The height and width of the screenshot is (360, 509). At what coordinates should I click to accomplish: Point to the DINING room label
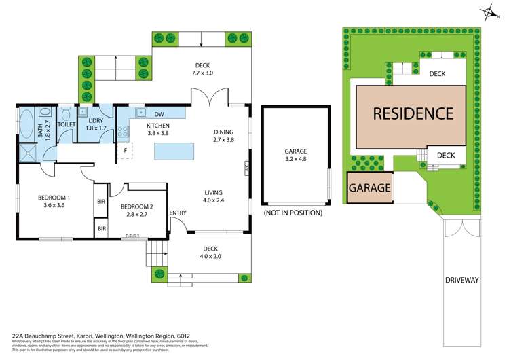click(x=223, y=132)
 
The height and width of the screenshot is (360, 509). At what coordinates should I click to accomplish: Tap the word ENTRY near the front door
click(x=178, y=213)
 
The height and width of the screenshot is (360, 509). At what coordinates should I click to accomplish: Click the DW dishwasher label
click(x=160, y=114)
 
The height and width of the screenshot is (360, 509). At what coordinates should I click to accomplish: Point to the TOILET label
click(x=67, y=125)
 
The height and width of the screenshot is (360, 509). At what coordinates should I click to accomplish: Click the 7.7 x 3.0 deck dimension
click(x=203, y=73)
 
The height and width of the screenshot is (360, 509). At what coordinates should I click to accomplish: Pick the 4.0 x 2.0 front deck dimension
click(x=210, y=256)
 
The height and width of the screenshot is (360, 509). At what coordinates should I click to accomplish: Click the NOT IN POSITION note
click(x=292, y=213)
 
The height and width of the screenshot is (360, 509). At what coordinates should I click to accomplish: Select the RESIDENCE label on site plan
click(x=413, y=113)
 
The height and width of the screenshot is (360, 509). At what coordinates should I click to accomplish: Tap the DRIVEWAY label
click(x=463, y=279)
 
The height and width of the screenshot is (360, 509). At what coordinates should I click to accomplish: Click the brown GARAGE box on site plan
click(x=370, y=187)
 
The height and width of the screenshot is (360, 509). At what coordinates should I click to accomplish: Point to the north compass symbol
click(x=487, y=11)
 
